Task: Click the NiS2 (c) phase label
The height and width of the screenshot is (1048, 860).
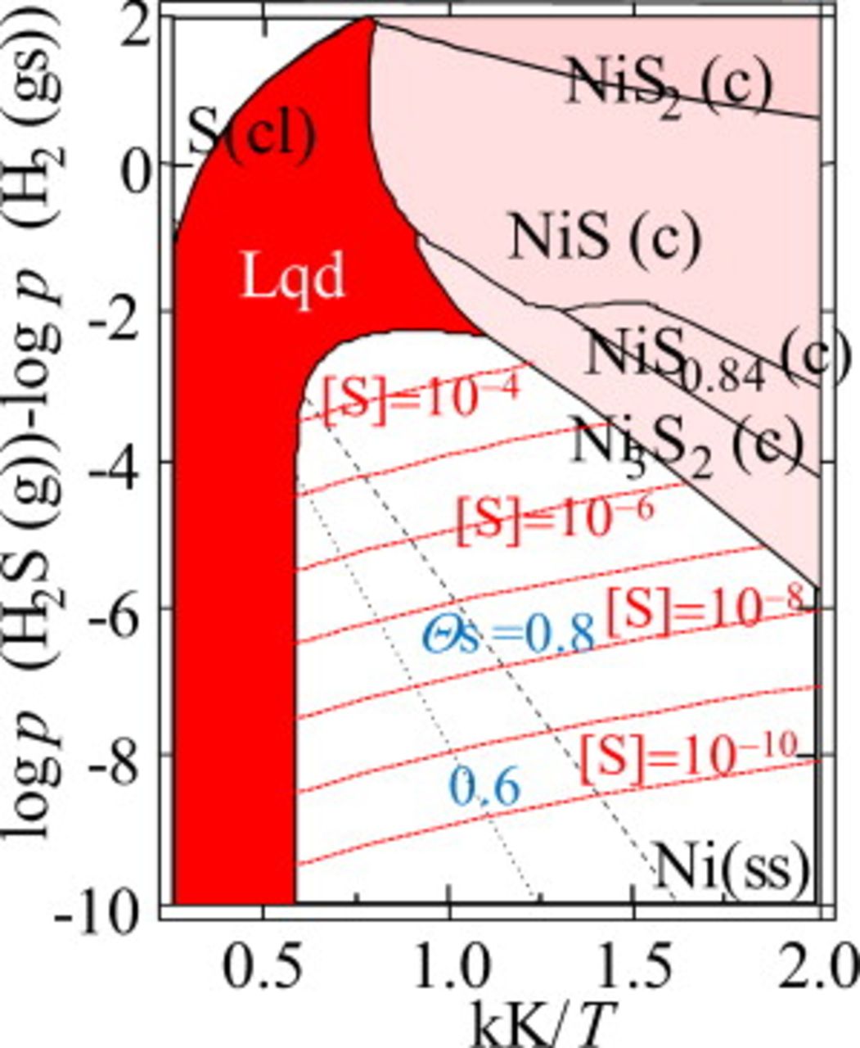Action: pyautogui.click(x=667, y=86)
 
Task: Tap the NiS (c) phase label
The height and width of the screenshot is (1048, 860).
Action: pyautogui.click(x=605, y=237)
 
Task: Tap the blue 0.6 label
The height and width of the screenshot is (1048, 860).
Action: pyautogui.click(x=484, y=788)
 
